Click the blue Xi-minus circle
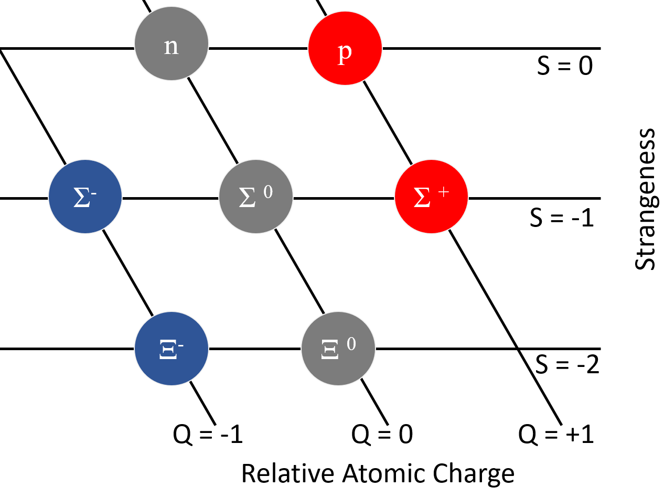click(x=172, y=349)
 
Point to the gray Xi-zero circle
click(x=338, y=349)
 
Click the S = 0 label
click(x=564, y=67)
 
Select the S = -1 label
click(x=561, y=217)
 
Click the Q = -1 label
click(x=208, y=435)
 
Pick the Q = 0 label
click(x=381, y=435)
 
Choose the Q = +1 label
click(x=556, y=435)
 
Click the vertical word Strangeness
click(x=646, y=199)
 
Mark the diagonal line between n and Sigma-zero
click(x=213, y=121)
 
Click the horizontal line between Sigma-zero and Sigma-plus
click(x=343, y=199)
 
